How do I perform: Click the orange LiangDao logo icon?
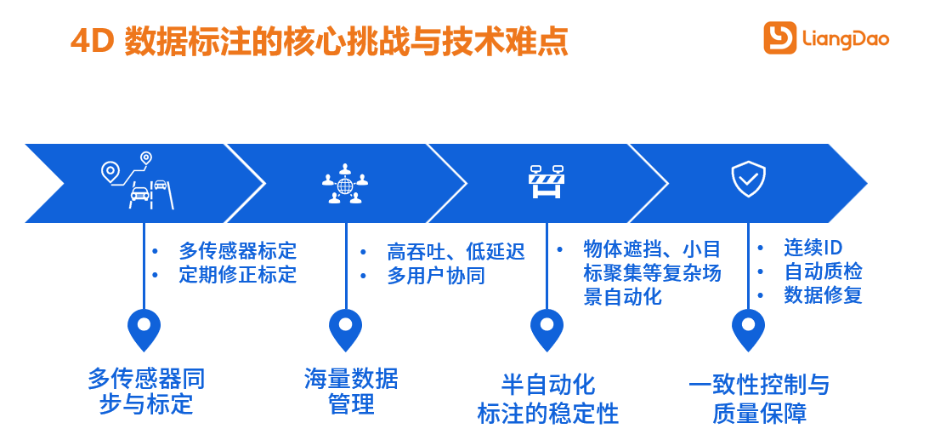tap(779, 38)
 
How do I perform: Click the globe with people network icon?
tap(345, 184)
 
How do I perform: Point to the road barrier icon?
tap(546, 181)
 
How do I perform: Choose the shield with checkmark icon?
tap(748, 180)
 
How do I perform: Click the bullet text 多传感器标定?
tap(238, 251)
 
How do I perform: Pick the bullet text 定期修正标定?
tap(238, 275)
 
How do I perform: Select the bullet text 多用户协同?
tap(436, 276)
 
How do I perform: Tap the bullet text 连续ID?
tap(813, 247)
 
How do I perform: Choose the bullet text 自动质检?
tap(823, 271)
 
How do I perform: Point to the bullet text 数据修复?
tap(823, 295)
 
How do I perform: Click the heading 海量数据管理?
tap(351, 391)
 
